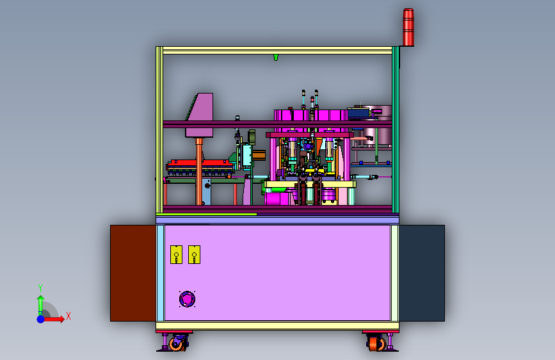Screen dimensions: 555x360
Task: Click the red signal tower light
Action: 408,28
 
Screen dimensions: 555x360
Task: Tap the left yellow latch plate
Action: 176,254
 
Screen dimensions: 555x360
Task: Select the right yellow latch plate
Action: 194,254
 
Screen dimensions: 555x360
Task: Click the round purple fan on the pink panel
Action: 188,299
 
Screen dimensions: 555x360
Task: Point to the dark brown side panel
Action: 133,273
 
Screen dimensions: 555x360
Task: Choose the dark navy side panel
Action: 422,273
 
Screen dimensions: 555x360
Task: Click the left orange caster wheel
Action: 176,343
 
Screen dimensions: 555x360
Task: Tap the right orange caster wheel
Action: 375,343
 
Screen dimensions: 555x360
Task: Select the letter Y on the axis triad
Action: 40,288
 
